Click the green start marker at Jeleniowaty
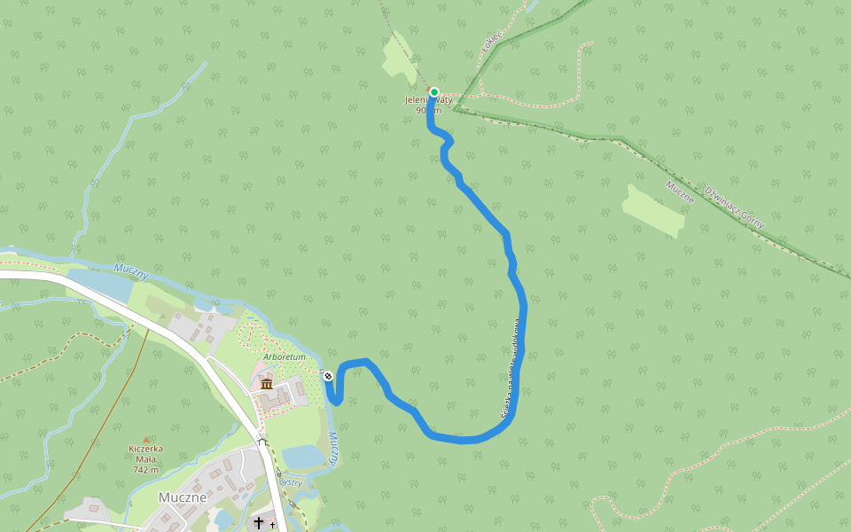point(434,92)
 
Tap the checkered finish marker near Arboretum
point(328,376)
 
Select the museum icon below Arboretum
point(267,383)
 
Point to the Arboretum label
point(285,356)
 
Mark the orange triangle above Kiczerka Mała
point(146,440)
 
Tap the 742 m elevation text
point(146,470)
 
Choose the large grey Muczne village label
point(183,497)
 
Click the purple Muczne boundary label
point(679,192)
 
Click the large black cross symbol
point(259,523)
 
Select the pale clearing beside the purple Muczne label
point(654,211)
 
